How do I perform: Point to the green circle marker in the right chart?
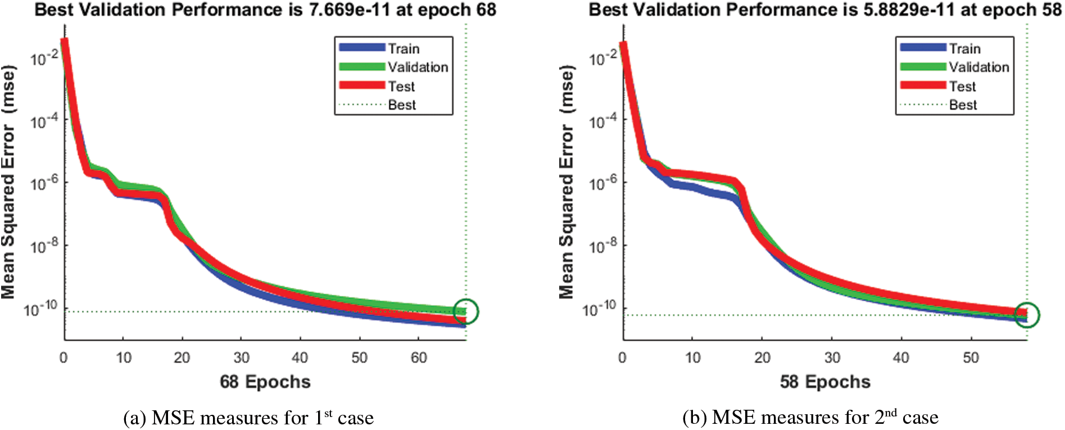pos(1027,315)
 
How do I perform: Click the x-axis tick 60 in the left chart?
pos(419,357)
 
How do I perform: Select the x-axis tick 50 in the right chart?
pos(971,357)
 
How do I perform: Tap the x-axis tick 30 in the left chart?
pos(241,357)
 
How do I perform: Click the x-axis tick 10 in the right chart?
pos(693,357)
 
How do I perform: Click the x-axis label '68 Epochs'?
pos(265,382)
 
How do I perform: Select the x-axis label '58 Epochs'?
pos(825,382)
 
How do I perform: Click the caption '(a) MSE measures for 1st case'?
pos(248,418)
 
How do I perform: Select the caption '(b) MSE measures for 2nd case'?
pos(810,418)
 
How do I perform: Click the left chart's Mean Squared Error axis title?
pos(8,183)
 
